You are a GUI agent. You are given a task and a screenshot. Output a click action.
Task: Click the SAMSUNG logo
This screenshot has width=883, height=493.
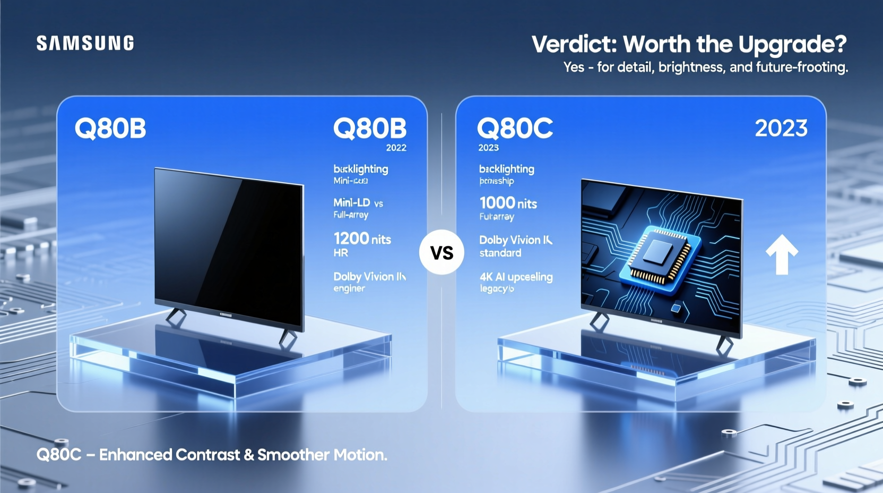85,43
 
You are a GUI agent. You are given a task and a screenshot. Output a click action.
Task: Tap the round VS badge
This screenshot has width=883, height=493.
441,252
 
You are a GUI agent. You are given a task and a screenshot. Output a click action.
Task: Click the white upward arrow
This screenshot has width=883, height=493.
782,254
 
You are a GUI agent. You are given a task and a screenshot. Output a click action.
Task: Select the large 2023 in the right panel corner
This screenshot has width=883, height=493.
781,128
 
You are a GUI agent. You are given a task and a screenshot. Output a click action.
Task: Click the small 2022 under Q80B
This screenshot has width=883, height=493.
396,148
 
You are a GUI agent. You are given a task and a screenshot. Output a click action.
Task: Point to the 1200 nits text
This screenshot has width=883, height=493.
362,239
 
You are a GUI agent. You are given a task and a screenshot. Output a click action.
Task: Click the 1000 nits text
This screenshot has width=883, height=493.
508,203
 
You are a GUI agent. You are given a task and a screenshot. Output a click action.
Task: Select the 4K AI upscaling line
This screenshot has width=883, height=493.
516,277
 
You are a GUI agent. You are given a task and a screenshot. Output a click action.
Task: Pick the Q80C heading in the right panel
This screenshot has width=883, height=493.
515,128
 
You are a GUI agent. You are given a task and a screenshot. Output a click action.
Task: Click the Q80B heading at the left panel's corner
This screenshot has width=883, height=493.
110,128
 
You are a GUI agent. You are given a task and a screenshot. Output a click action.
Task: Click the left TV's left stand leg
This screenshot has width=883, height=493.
175,317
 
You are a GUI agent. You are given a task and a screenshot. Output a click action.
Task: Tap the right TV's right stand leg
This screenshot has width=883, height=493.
724,346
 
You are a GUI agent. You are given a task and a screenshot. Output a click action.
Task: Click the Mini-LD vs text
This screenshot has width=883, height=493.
358,202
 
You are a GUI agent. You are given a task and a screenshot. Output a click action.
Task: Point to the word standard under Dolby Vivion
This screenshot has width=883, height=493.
500,253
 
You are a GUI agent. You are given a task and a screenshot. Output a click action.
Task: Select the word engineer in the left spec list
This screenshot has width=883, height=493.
349,288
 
